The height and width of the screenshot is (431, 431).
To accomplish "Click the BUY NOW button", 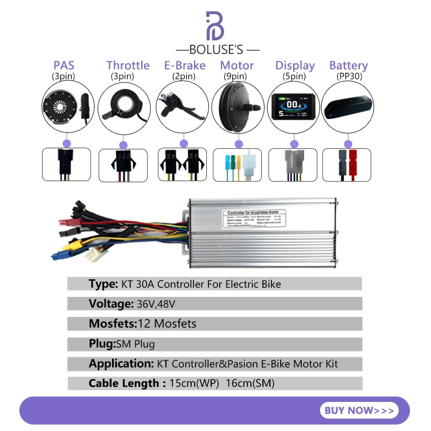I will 359,411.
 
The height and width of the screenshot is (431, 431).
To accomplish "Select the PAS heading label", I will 64,65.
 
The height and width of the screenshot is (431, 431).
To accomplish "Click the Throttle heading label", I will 128,65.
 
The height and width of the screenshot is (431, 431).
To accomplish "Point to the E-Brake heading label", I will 185,65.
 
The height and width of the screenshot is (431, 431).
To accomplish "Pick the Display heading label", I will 295,65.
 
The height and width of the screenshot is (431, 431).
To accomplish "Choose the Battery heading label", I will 349,65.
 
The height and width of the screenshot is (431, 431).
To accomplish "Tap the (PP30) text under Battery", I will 349,76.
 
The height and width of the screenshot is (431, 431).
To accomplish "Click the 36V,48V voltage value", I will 155,304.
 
